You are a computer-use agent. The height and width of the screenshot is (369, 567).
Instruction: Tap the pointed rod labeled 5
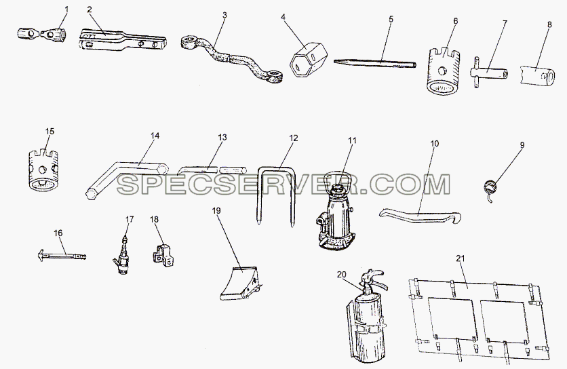pyautogui.click(x=374, y=63)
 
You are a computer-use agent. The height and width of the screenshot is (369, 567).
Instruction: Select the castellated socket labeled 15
pyautogui.click(x=43, y=170)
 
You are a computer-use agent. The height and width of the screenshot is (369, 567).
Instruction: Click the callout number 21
pyautogui.click(x=461, y=258)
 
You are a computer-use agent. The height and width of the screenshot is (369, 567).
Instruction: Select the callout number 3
pyautogui.click(x=224, y=15)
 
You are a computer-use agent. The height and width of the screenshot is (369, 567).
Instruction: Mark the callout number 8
pyautogui.click(x=549, y=24)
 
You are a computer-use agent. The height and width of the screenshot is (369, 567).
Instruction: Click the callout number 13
pyautogui.click(x=222, y=138)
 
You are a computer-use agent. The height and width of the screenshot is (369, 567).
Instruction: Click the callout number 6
pyautogui.click(x=455, y=21)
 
